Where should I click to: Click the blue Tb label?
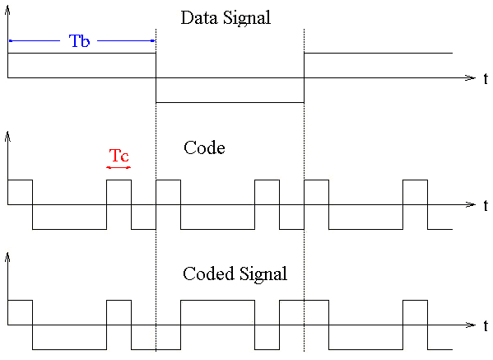79,41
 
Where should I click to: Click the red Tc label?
119,156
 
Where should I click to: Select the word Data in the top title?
199,17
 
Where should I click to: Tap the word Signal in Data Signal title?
247,18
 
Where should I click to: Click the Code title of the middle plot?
204,147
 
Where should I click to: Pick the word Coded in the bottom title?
208,274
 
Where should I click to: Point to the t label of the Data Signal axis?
486,78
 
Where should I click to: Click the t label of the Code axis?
486,205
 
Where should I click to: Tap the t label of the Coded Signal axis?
486,325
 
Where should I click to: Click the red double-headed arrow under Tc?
119,167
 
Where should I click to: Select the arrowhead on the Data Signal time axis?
470,77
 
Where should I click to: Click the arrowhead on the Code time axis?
470,204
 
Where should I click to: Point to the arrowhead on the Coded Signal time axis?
470,325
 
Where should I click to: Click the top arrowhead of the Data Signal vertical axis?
8,11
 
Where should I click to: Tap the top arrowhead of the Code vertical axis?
8,137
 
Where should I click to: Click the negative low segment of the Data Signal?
230,102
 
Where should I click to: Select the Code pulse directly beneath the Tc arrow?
119,180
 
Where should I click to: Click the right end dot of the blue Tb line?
153,40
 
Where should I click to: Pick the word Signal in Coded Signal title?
263,274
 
